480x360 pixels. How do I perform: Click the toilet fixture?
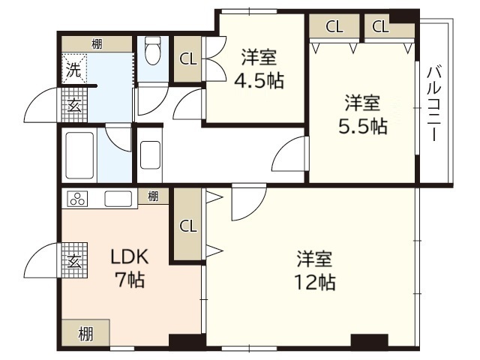(154, 50)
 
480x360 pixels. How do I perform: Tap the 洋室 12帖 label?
(314, 271)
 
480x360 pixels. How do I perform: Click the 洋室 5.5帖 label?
(363, 113)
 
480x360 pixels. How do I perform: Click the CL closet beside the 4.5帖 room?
(188, 59)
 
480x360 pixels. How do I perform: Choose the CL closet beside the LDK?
(187, 225)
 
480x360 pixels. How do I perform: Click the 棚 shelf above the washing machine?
(97, 44)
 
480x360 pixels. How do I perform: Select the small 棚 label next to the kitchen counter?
(153, 197)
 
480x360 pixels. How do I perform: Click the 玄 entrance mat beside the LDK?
(75, 262)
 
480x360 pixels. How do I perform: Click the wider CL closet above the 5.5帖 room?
(334, 27)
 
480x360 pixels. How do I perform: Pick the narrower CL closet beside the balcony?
(381, 27)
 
